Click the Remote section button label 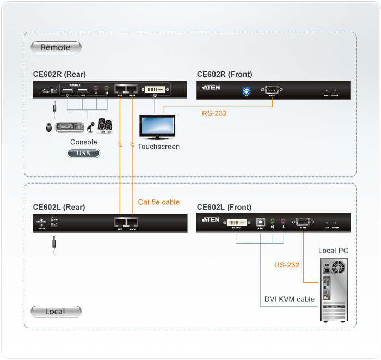(x=56, y=47)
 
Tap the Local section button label (x=56, y=312)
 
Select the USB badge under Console (x=84, y=154)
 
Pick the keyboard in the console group (x=69, y=127)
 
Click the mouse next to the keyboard (x=50, y=127)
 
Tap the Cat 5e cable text (x=158, y=202)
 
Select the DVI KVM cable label (x=289, y=299)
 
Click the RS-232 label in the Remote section (x=214, y=114)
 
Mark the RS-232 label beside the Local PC (x=286, y=265)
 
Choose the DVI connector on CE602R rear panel (x=156, y=88)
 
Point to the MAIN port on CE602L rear (x=132, y=222)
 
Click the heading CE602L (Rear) (x=59, y=207)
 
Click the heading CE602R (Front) (x=224, y=74)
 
